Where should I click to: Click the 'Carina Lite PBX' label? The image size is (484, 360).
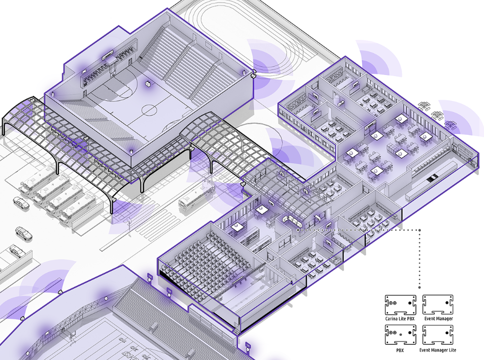[x=400, y=319]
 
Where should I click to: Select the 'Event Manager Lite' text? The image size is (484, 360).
[x=438, y=350]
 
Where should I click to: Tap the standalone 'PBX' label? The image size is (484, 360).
[x=400, y=350]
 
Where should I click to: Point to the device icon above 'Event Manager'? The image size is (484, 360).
[x=438, y=305]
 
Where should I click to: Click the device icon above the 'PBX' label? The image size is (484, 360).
[x=400, y=335]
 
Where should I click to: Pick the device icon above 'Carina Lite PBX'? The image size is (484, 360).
[x=400, y=305]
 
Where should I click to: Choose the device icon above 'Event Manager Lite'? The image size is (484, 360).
[x=438, y=335]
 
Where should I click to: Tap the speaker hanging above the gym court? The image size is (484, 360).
[x=148, y=83]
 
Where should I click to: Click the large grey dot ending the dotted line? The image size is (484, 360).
[x=419, y=287]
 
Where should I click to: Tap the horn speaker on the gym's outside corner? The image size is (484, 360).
[x=254, y=74]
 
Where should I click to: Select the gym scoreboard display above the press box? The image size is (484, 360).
[x=109, y=56]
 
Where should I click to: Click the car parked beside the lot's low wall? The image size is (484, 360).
[x=16, y=250]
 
